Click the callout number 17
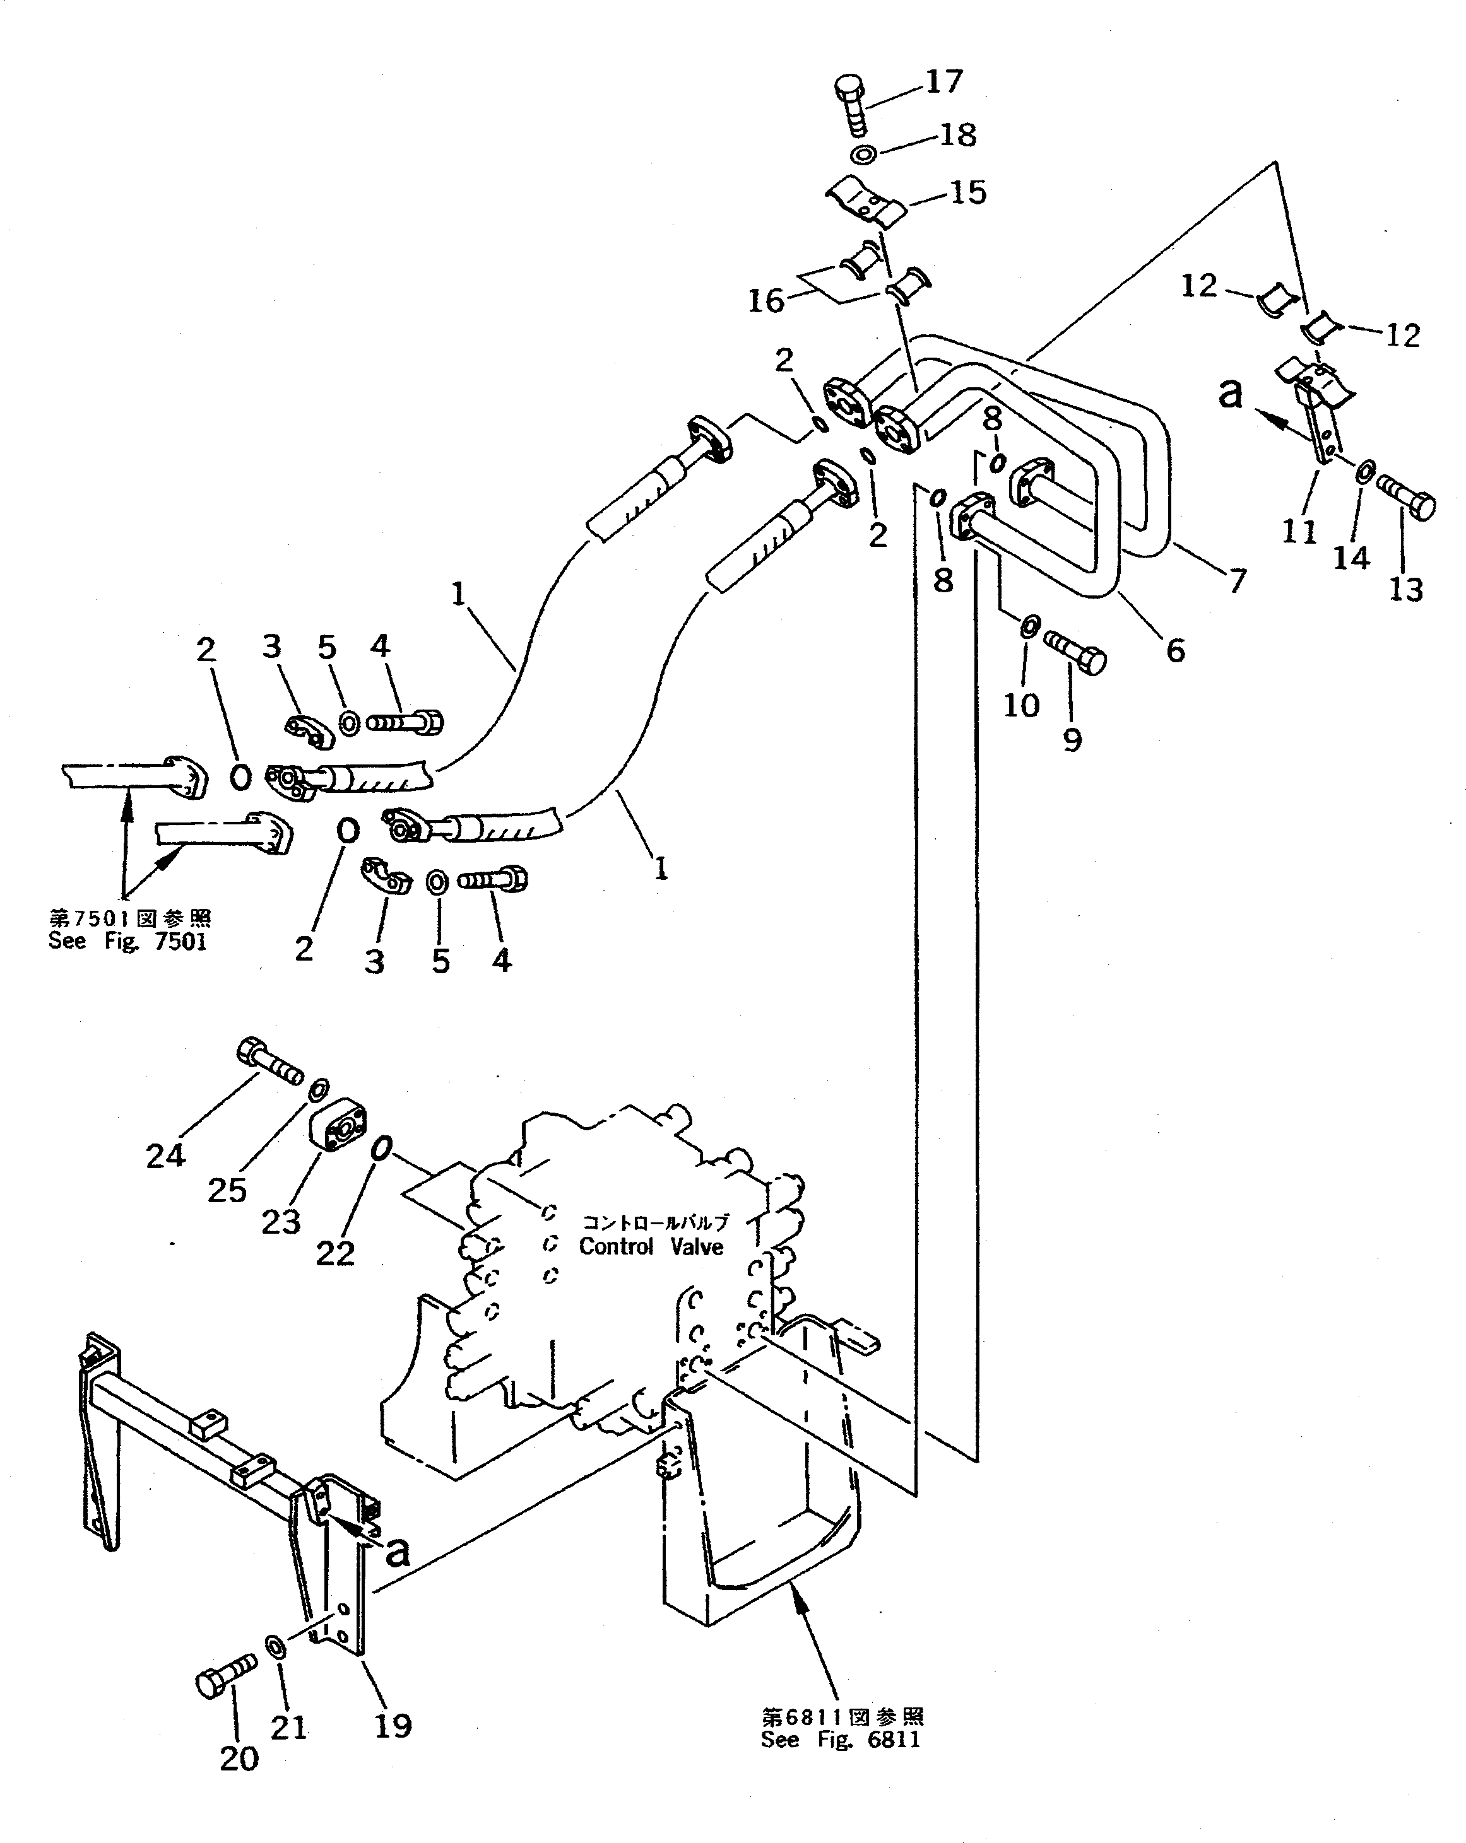944,81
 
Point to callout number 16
766,301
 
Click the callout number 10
1021,705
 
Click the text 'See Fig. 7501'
127,941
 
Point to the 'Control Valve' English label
651,1247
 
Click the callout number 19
393,1725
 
